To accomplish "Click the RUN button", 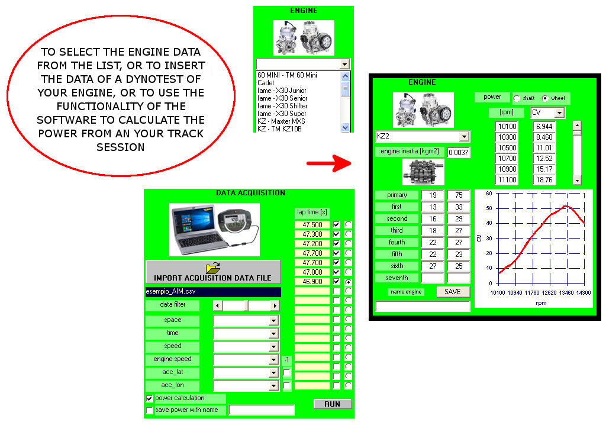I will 332,404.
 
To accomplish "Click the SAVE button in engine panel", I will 453,291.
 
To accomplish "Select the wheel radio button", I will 546,98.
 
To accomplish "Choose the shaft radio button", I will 517,98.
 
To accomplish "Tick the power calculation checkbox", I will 149,398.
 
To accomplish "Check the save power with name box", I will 149,410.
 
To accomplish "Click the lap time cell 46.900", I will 312,282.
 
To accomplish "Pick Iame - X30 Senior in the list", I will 282,98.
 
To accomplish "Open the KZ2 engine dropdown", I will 464,136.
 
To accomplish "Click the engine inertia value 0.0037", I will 458,152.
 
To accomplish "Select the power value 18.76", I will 544,180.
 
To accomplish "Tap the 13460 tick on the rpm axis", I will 566,293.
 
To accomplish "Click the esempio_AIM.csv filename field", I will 212,291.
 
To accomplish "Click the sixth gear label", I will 396,266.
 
